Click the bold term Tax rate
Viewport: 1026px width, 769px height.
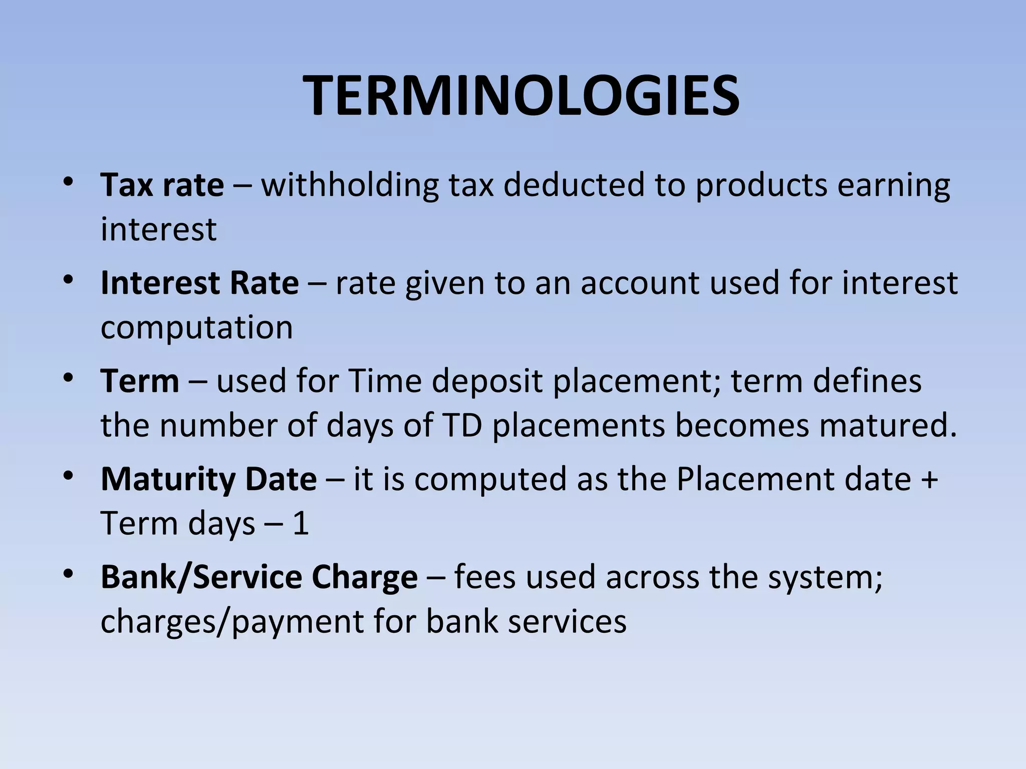[x=162, y=185]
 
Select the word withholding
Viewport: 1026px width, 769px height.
[x=350, y=185]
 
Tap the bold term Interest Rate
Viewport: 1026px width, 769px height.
[x=199, y=283]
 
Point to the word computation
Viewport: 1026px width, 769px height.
[x=196, y=328]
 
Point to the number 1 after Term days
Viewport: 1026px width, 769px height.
[x=300, y=524]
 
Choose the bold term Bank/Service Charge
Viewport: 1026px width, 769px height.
[x=259, y=577]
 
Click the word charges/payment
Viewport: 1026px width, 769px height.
[x=232, y=622]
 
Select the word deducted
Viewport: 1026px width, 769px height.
[x=574, y=185]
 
